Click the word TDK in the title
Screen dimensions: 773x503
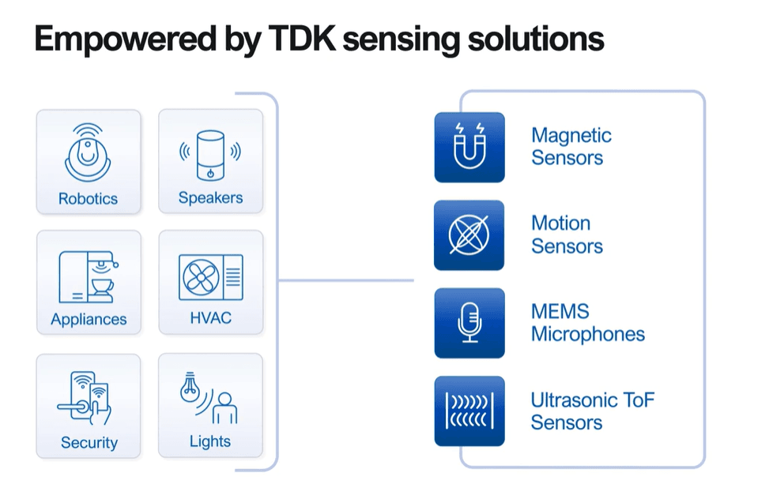[302, 39]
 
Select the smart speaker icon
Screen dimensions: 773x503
[210, 156]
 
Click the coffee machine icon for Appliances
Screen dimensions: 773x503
[89, 277]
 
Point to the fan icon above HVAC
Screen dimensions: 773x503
[201, 277]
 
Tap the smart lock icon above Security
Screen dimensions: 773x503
[85, 398]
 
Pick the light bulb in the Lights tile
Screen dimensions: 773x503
[190, 388]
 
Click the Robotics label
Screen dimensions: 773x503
[88, 198]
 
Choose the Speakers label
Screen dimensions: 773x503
[210, 197]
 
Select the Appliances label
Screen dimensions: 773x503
[89, 319]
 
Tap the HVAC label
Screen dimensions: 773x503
[210, 317]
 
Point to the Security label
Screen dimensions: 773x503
[89, 442]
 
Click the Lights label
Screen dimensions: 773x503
[210, 441]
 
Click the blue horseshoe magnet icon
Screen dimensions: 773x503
[469, 148]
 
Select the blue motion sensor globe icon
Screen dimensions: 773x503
[469, 235]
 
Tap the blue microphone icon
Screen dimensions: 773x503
[469, 323]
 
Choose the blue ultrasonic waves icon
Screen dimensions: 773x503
[469, 411]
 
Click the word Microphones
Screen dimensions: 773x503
[587, 334]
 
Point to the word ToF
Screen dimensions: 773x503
[638, 400]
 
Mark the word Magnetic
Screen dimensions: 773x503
[571, 136]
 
